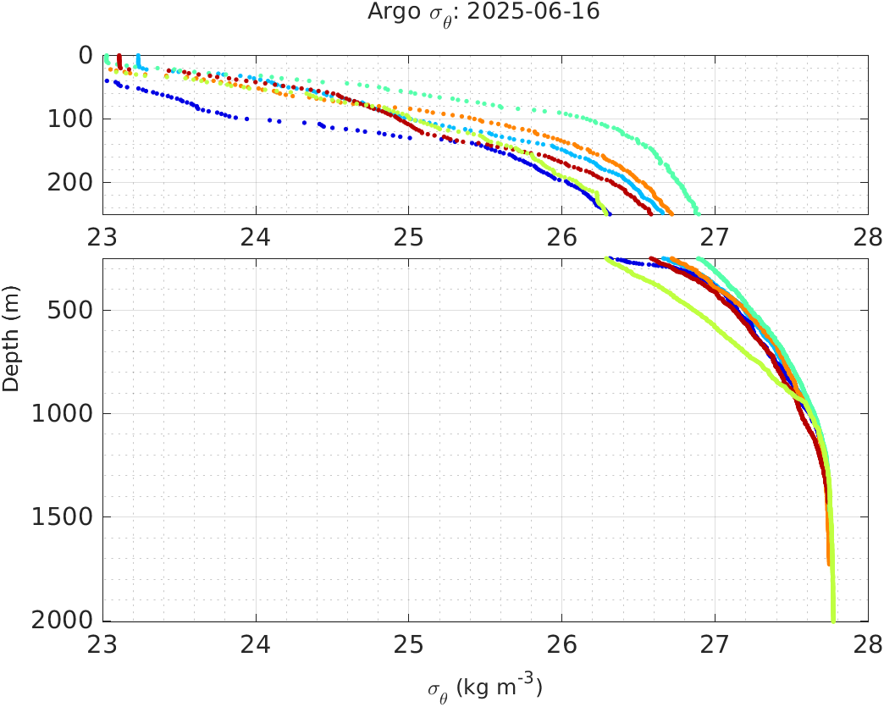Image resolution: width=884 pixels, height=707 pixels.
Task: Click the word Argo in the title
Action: tap(388, 13)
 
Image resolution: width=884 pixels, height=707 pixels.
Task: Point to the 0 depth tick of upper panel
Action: tap(86, 56)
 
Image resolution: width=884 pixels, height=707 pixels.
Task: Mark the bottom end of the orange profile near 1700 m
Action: tap(828, 563)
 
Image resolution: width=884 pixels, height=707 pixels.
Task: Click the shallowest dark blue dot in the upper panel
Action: tap(107, 80)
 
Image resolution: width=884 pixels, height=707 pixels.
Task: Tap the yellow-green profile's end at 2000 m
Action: tap(834, 621)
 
